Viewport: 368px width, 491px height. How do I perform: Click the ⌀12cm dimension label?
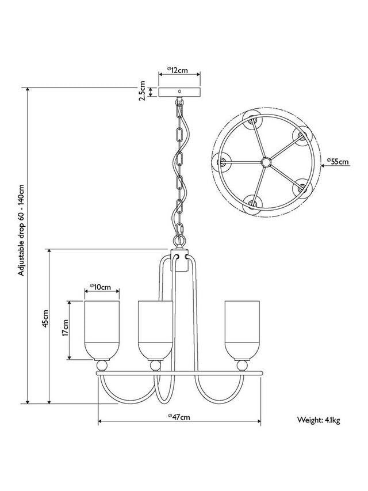tap(178, 70)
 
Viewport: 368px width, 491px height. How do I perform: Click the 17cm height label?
tap(66, 329)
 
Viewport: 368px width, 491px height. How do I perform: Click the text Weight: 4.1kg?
tap(319, 421)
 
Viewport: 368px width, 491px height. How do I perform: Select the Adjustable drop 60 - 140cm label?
tap(21, 230)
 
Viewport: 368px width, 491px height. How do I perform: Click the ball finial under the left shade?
tap(102, 365)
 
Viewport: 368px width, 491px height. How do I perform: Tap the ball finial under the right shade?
tap(242, 365)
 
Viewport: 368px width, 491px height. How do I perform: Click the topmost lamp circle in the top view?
tap(252, 119)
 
